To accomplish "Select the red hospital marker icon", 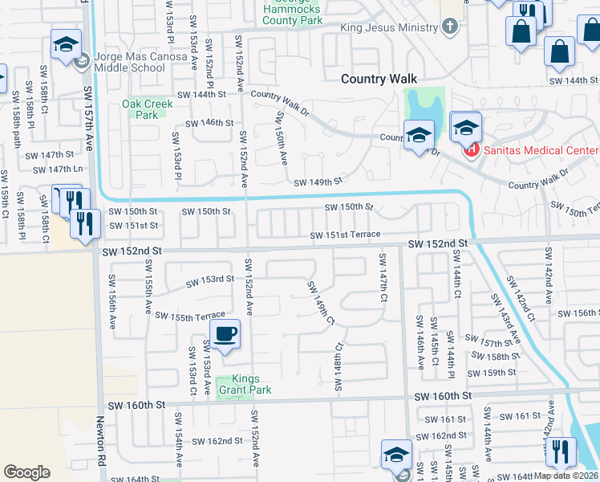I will point(470,149).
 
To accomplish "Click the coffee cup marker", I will point(225,333).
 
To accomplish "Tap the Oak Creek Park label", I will point(140,109).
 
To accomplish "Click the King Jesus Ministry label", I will point(389,27).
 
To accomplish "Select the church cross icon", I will point(450,27).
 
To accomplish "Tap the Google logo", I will point(27,472).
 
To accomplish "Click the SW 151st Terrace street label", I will point(346,234).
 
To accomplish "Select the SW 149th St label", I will point(318,182).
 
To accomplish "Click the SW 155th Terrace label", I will point(190,317).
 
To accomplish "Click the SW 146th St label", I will point(209,123).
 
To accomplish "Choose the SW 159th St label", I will point(493,373).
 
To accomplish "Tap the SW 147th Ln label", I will point(58,170).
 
